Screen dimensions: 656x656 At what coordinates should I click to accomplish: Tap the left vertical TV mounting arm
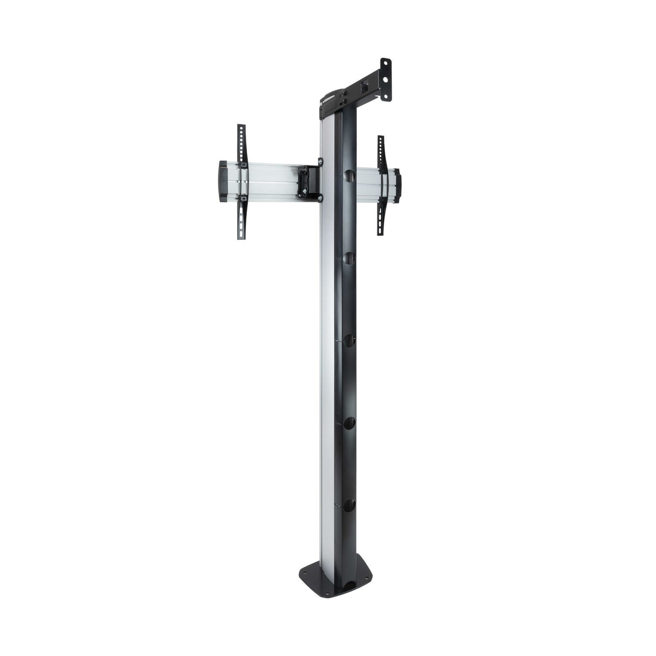(241, 173)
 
